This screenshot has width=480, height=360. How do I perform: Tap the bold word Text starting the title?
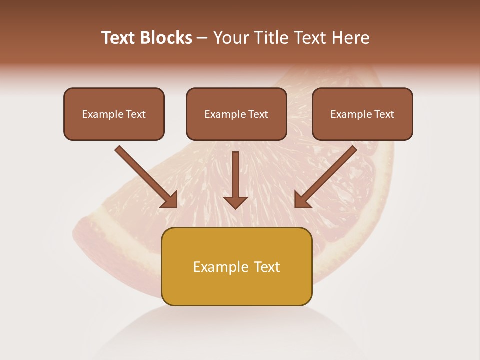[119, 38]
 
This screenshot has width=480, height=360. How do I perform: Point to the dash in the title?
[202, 38]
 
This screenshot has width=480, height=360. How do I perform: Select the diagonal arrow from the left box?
[145, 175]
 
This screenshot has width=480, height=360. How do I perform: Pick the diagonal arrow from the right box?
[327, 175]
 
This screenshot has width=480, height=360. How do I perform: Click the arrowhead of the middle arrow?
[235, 202]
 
